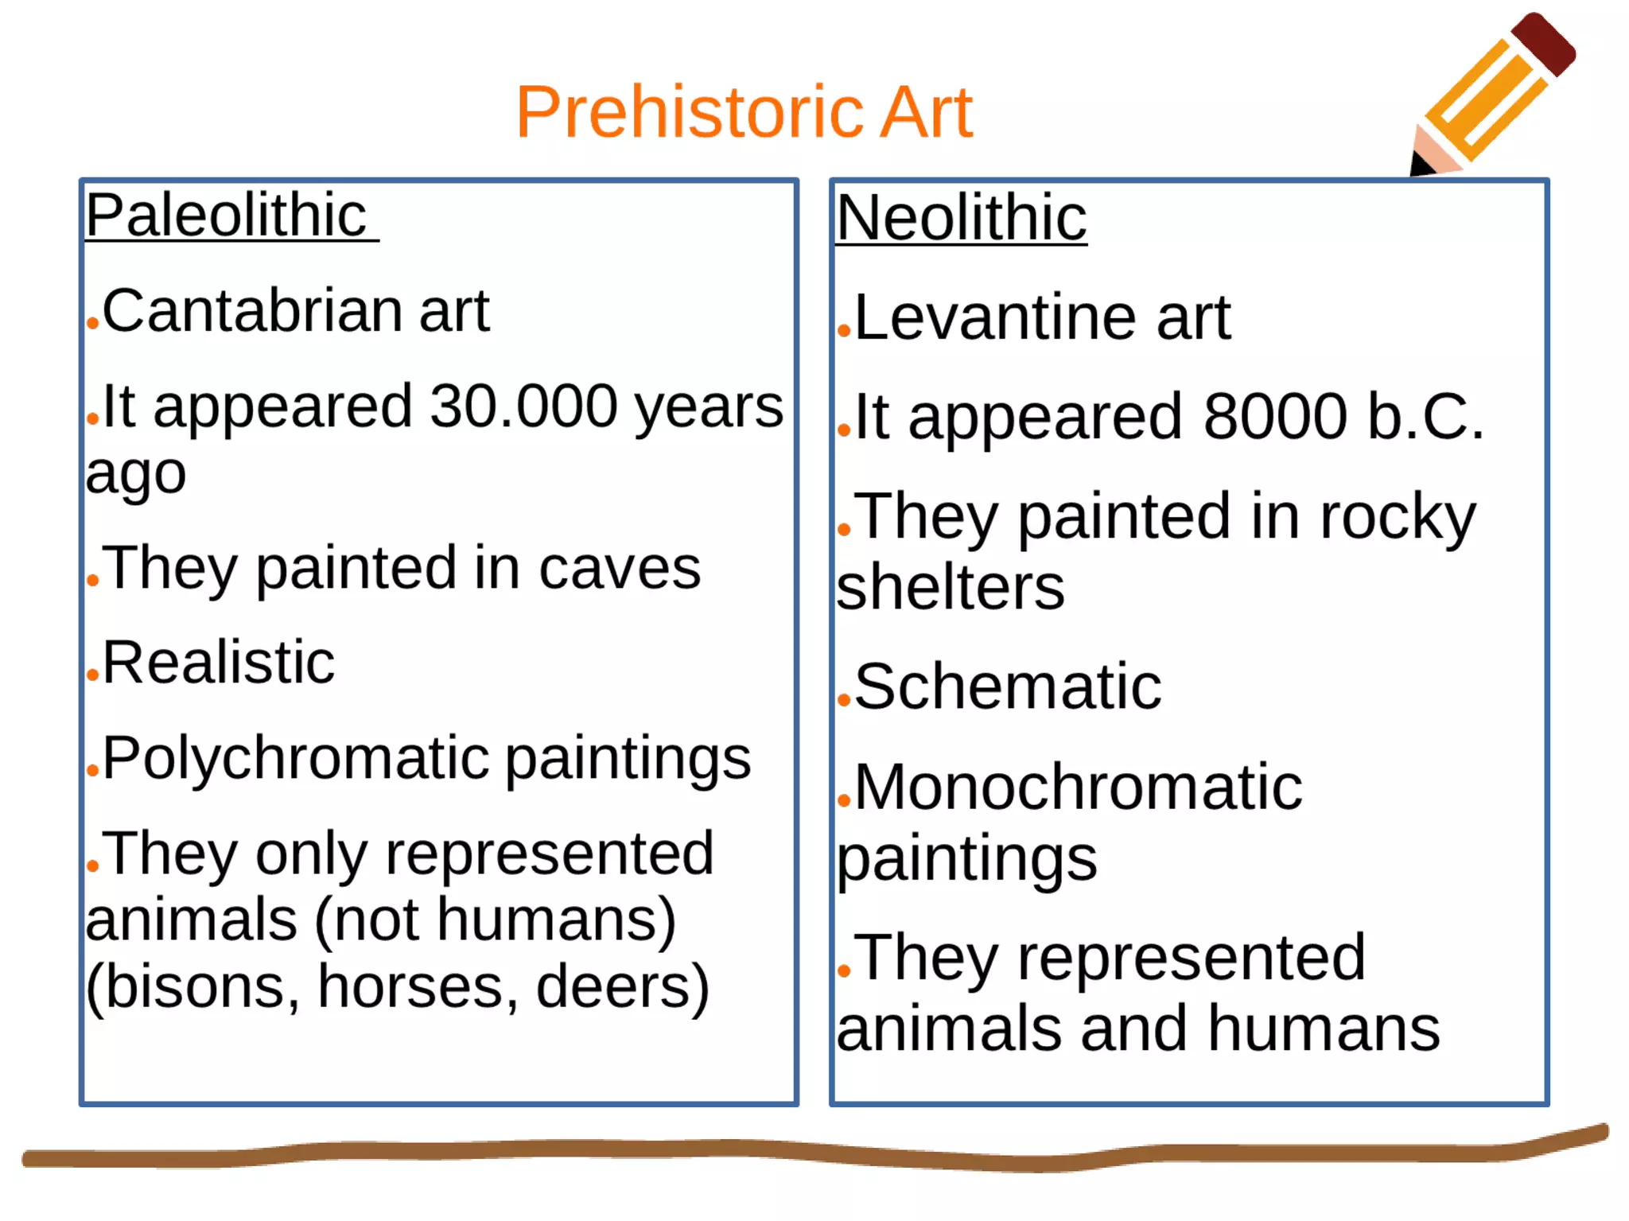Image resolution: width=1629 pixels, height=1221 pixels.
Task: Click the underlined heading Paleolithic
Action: pyautogui.click(x=226, y=216)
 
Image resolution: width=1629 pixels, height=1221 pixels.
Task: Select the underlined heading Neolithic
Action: pyautogui.click(x=961, y=218)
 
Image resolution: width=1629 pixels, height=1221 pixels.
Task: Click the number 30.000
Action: pyautogui.click(x=523, y=406)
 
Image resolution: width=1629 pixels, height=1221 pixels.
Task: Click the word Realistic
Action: pyautogui.click(x=219, y=663)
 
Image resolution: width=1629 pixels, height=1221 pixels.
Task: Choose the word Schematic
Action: pyautogui.click(x=1008, y=686)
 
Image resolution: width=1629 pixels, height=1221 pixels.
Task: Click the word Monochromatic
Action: pyautogui.click(x=1078, y=788)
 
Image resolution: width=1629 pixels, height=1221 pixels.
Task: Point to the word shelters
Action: pyautogui.click(x=951, y=588)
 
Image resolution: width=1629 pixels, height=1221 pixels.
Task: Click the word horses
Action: pyautogui.click(x=412, y=987)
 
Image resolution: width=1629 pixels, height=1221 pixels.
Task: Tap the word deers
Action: pyautogui.click(x=612, y=987)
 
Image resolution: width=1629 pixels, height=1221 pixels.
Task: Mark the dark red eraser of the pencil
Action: pyautogui.click(x=1544, y=44)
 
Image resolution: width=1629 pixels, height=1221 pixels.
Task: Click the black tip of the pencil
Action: pyautogui.click(x=1421, y=165)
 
